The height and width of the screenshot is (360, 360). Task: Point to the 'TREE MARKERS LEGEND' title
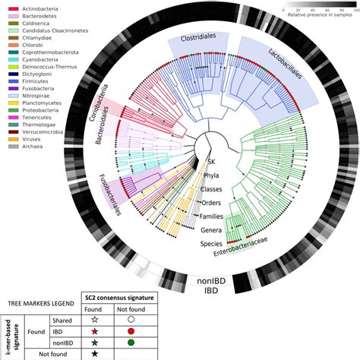point(39,303)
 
